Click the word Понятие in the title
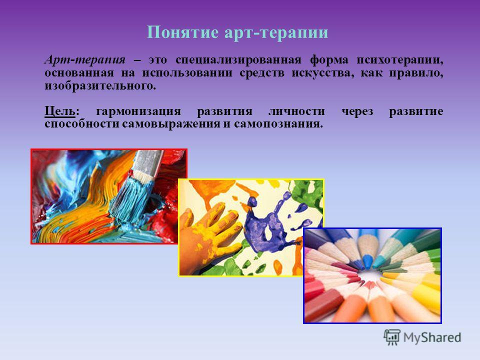[182, 32]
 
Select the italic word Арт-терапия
[85, 59]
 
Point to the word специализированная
[238, 59]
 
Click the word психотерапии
[400, 60]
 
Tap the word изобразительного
[100, 86]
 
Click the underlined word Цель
[59, 111]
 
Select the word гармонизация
[138, 111]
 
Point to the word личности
[296, 111]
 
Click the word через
[357, 111]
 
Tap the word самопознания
[278, 124]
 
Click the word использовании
[186, 73]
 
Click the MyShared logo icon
[392, 337]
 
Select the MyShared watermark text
[432, 337]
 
